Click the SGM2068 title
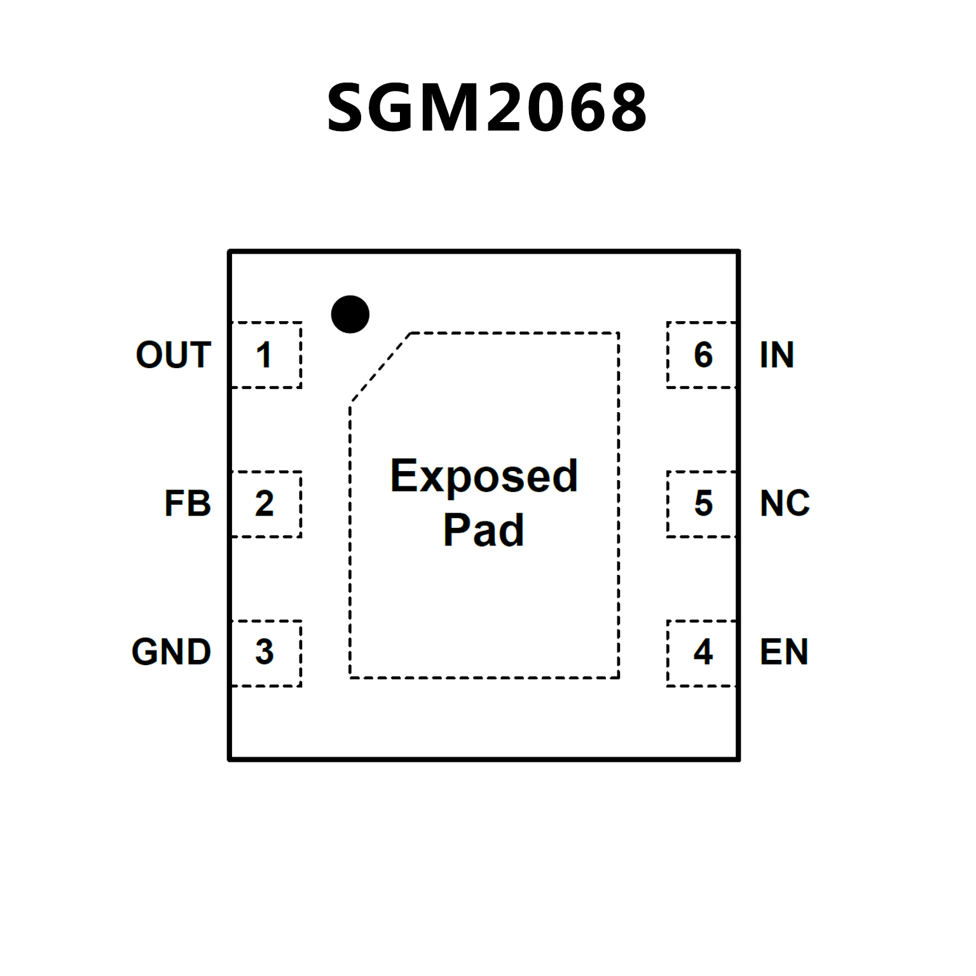pyautogui.click(x=487, y=107)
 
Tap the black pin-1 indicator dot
pyautogui.click(x=350, y=314)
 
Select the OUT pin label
pyautogui.click(x=173, y=355)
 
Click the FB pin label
pyautogui.click(x=187, y=504)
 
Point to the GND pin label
pyautogui.click(x=171, y=652)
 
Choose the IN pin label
pyautogui.click(x=776, y=355)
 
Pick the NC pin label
pyautogui.click(x=785, y=504)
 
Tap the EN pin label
pyautogui.click(x=784, y=652)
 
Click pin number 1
pyautogui.click(x=264, y=355)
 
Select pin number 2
pyautogui.click(x=264, y=504)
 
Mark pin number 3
pyautogui.click(x=264, y=652)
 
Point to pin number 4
pyautogui.click(x=703, y=652)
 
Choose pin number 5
pyautogui.click(x=703, y=504)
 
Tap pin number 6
pyautogui.click(x=703, y=355)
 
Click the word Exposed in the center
pyautogui.click(x=484, y=476)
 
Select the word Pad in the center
pyautogui.click(x=484, y=530)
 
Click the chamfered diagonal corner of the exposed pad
pyautogui.click(x=380, y=368)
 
